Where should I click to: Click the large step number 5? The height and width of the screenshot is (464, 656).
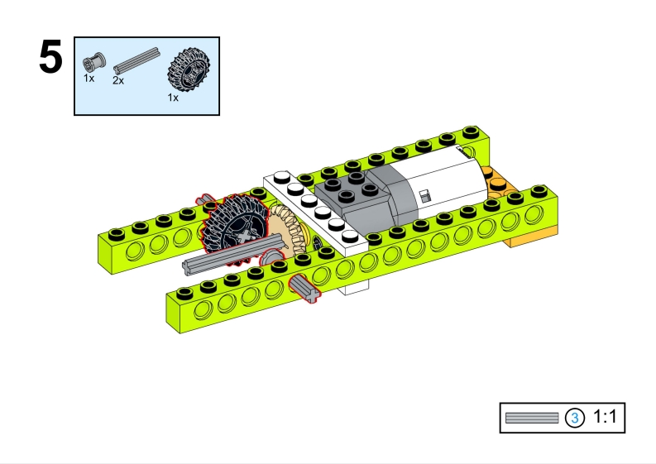pyautogui.click(x=51, y=57)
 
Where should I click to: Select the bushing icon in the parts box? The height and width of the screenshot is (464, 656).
pyautogui.click(x=93, y=63)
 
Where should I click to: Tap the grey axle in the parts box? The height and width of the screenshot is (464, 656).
pyautogui.click(x=136, y=60)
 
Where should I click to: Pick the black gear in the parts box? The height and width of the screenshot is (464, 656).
pyautogui.click(x=189, y=69)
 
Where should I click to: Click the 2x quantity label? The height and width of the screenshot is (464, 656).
pyautogui.click(x=118, y=80)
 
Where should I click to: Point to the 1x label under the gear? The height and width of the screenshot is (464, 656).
pyautogui.click(x=173, y=98)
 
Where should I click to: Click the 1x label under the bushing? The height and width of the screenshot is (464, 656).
pyautogui.click(x=89, y=79)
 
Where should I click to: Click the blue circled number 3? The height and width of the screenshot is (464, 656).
pyautogui.click(x=574, y=418)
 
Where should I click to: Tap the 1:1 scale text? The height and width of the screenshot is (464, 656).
pyautogui.click(x=605, y=417)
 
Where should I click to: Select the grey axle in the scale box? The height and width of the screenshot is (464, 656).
pyautogui.click(x=532, y=418)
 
